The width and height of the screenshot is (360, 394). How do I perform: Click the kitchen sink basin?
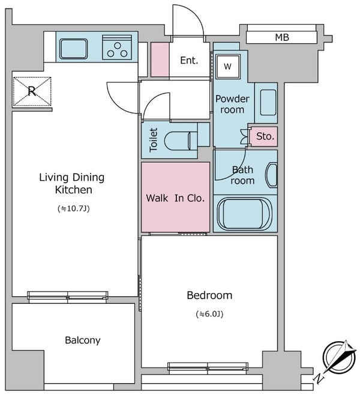click(73, 49)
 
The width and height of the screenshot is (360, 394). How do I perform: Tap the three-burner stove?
click(117, 47)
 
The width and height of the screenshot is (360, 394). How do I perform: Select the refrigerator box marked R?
click(32, 91)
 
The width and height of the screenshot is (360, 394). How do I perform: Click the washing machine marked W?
click(227, 66)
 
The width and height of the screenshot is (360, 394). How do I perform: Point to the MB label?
click(282, 37)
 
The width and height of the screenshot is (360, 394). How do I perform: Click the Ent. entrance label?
click(189, 61)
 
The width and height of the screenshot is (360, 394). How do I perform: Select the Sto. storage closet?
click(264, 136)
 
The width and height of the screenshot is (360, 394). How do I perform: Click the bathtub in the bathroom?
click(245, 214)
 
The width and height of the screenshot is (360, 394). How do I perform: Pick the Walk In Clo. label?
click(175, 198)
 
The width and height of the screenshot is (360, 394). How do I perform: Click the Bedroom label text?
click(209, 295)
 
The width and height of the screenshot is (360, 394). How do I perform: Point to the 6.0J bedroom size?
click(209, 314)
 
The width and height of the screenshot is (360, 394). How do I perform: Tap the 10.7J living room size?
click(73, 208)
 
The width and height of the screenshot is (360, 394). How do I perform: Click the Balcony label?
click(83, 340)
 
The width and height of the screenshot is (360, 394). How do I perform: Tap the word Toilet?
click(153, 140)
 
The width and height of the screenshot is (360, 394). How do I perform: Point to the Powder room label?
click(232, 104)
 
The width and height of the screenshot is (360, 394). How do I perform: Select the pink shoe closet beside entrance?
click(160, 59)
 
